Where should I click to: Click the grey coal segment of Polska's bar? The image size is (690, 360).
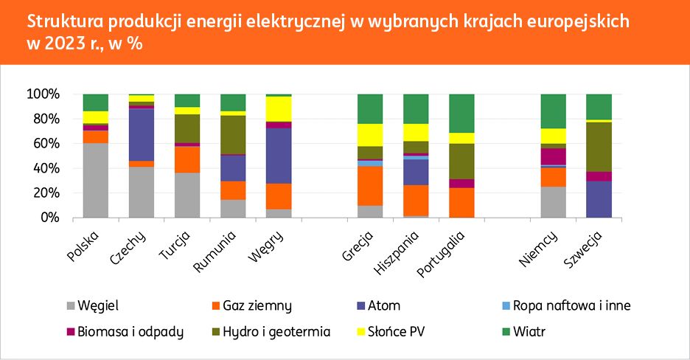[x=96, y=181]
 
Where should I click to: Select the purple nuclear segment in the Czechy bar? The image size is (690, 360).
[x=142, y=135]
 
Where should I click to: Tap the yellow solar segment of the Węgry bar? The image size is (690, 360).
[x=279, y=109]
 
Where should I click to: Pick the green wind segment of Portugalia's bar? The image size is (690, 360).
[x=461, y=114]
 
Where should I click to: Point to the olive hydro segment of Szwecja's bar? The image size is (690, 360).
[x=599, y=147]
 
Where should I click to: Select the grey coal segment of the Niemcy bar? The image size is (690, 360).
[x=554, y=202]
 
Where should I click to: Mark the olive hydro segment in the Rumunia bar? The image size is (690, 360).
[x=233, y=134]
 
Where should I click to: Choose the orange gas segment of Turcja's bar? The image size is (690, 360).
[x=187, y=159]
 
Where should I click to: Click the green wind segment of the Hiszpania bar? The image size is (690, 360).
[x=416, y=108]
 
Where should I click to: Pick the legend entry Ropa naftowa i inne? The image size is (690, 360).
[x=571, y=305]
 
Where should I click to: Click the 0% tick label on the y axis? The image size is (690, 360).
[x=48, y=218]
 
